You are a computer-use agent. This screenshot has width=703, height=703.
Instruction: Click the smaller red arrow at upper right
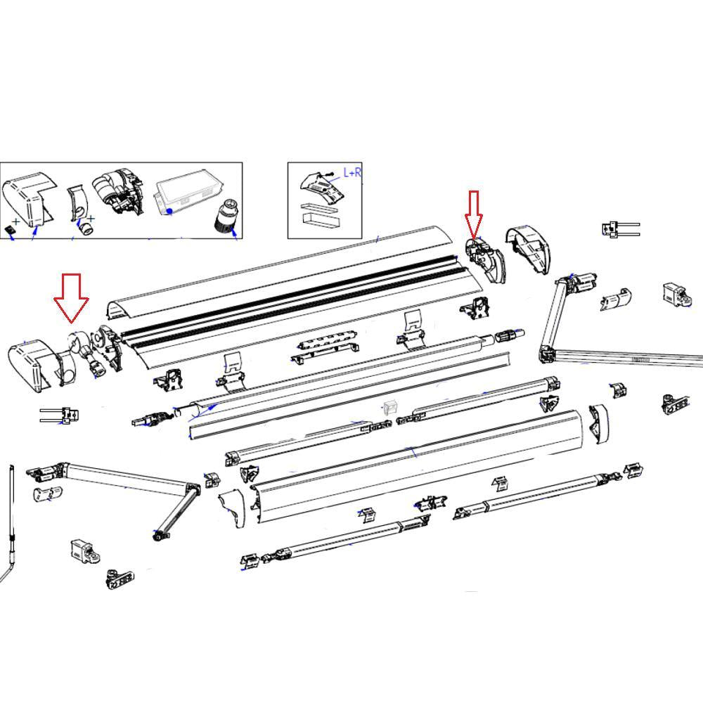point(473,212)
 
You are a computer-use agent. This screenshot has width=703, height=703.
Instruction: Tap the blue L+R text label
point(352,172)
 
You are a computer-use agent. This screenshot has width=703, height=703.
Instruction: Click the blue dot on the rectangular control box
point(169,211)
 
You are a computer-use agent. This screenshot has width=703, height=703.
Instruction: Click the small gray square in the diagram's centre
point(391,408)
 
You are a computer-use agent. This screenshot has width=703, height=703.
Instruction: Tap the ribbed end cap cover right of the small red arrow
point(531,250)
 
